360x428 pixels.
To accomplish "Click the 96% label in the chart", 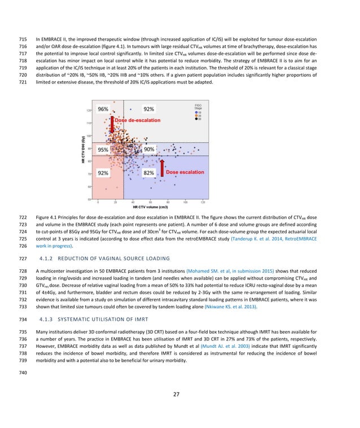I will pyautogui.click(x=103, y=109).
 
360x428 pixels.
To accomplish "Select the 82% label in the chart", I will pyautogui.click(x=149, y=173).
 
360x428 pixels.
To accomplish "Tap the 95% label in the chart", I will pyautogui.click(x=103, y=150).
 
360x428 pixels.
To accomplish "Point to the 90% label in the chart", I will pyautogui.click(x=149, y=150).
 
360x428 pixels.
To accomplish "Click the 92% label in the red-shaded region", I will pyautogui.click(x=103, y=173).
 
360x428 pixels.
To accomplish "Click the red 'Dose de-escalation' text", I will pyautogui.click(x=137, y=121).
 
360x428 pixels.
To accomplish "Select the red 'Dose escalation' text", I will pyautogui.click(x=185, y=172).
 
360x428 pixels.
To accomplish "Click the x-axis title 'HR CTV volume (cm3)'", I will pyautogui.click(x=152, y=208).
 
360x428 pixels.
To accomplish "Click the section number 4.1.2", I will pyautogui.click(x=47, y=259).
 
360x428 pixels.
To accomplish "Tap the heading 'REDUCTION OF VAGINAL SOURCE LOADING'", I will pyautogui.click(x=115, y=259).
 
